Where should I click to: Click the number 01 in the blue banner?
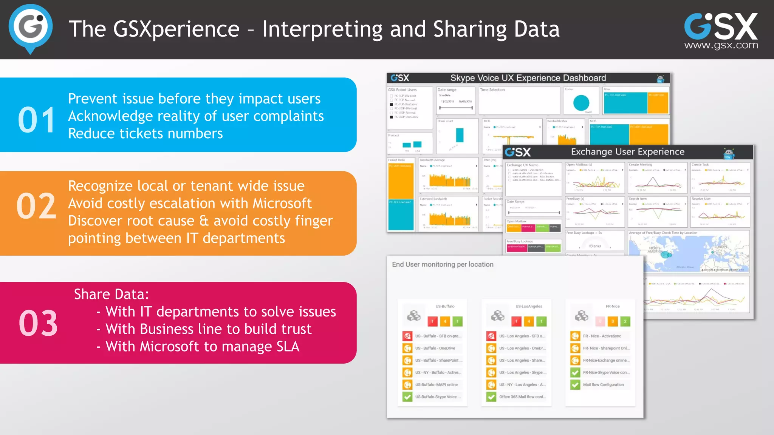pos(37,120)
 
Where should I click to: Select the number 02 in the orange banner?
pos(36,206)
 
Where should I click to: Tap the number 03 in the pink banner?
pos(38,323)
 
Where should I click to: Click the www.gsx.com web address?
pos(721,45)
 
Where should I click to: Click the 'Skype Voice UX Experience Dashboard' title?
pos(528,78)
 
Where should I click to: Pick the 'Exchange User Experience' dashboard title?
pos(627,152)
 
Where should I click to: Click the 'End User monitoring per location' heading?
pos(443,264)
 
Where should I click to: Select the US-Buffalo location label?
pos(445,306)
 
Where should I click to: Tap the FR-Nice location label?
pos(613,306)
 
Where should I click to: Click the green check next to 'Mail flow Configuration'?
pos(575,385)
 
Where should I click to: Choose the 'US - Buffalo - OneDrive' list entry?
pos(435,348)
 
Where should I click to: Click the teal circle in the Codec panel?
pos(581,103)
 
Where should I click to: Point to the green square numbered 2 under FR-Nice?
pos(625,321)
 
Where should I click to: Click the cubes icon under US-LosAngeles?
pos(498,316)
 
